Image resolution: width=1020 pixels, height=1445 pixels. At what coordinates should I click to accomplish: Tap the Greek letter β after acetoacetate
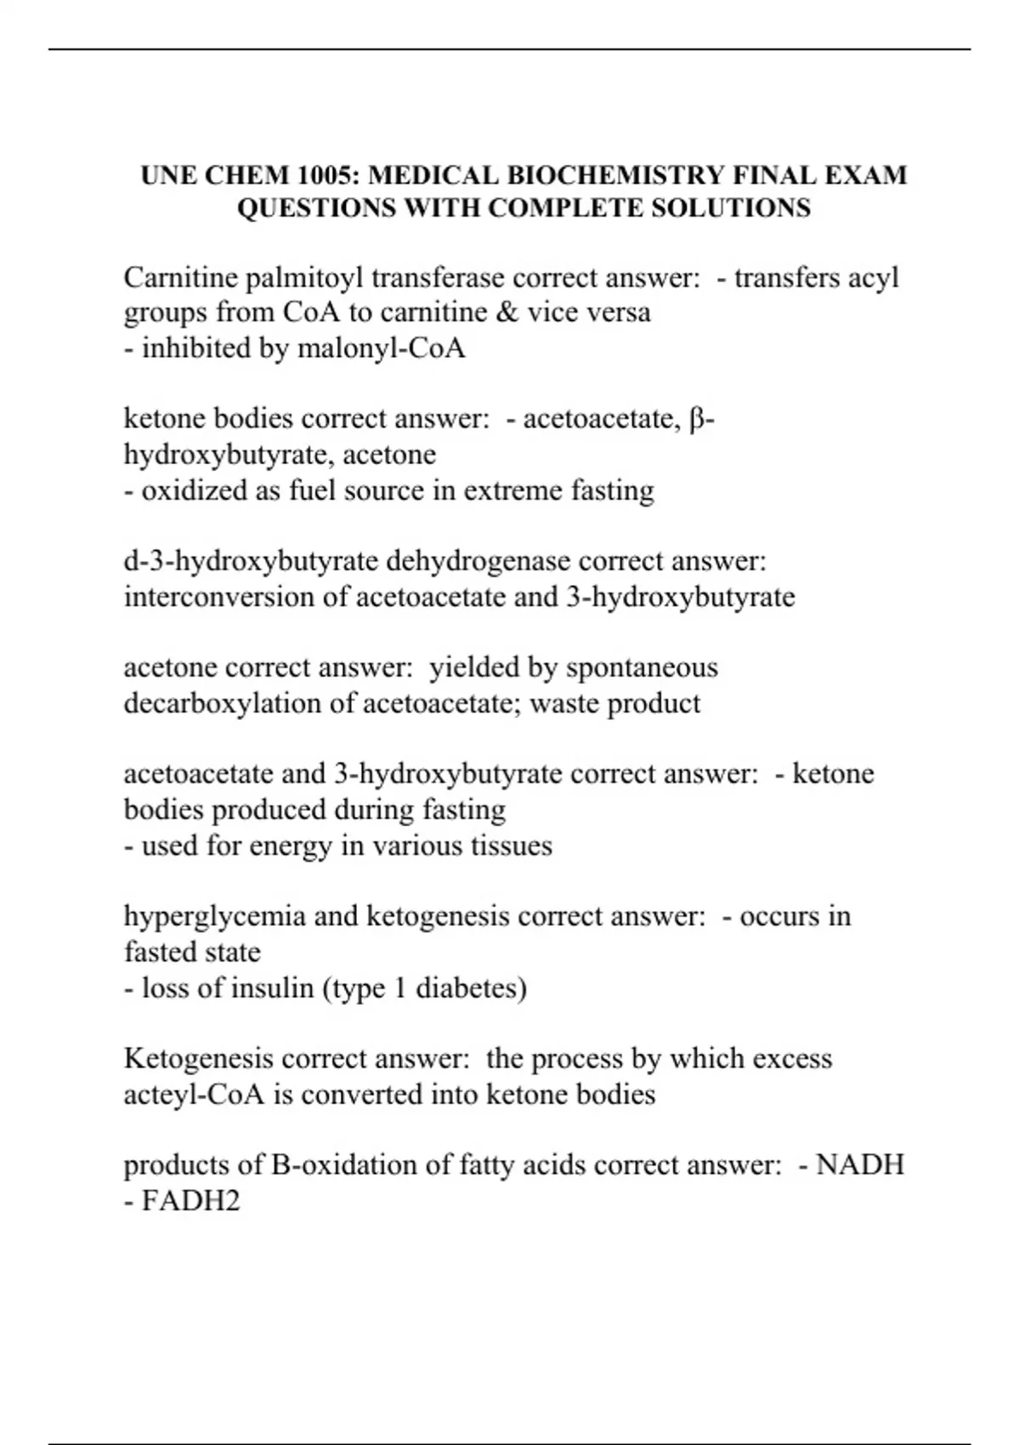point(699,420)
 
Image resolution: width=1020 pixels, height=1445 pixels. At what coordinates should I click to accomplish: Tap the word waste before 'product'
point(564,704)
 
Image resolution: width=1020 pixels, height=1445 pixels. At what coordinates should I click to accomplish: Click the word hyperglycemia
point(214,916)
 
